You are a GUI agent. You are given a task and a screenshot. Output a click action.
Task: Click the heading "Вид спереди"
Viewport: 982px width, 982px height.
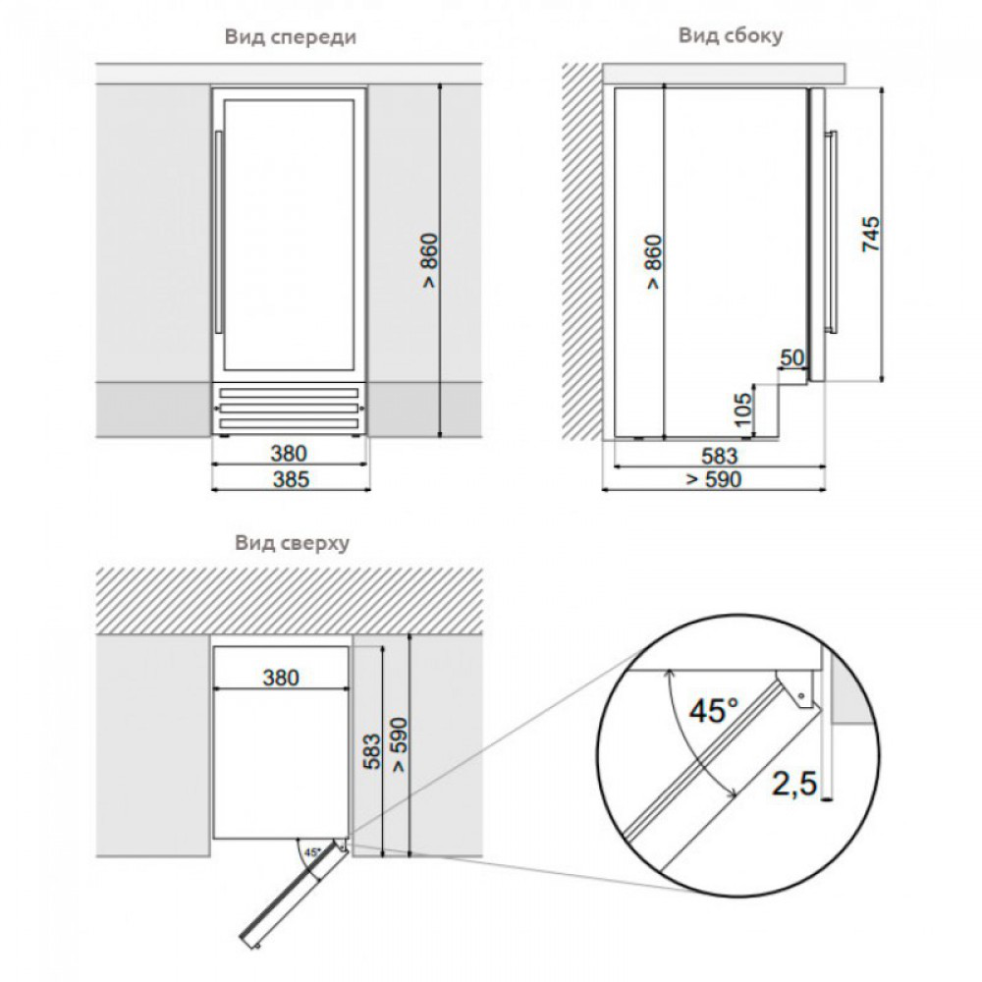pyautogui.click(x=291, y=37)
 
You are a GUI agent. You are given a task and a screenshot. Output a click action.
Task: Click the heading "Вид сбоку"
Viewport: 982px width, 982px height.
pyautogui.click(x=731, y=35)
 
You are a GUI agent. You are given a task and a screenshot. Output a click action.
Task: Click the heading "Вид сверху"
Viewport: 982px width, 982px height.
pyautogui.click(x=292, y=542)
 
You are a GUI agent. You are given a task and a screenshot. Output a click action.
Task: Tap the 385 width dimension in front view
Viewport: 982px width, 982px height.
pyautogui.click(x=292, y=479)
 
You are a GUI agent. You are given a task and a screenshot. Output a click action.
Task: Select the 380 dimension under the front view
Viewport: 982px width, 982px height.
pyautogui.click(x=289, y=453)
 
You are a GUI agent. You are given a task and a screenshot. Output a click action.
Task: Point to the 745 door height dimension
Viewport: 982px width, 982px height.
pyautogui.click(x=871, y=235)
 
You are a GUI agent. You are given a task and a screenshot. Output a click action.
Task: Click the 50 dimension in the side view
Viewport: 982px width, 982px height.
pyautogui.click(x=792, y=358)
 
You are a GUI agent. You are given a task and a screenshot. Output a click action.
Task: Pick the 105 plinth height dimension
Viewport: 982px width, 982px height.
pyautogui.click(x=742, y=409)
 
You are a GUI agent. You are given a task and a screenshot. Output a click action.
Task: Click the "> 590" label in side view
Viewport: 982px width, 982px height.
pyautogui.click(x=713, y=480)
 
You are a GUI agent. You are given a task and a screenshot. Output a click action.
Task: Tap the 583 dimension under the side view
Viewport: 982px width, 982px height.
pyautogui.click(x=720, y=456)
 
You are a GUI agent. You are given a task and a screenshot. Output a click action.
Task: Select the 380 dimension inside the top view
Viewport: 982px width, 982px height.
pyautogui.click(x=281, y=677)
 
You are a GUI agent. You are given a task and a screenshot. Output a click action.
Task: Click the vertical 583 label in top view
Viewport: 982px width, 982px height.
pyautogui.click(x=371, y=751)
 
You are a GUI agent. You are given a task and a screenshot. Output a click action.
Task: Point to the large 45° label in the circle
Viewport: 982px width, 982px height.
pyautogui.click(x=714, y=710)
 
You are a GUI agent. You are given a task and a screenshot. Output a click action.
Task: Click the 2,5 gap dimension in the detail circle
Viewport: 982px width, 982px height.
pyautogui.click(x=794, y=784)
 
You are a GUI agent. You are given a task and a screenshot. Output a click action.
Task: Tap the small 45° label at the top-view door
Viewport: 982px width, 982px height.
pyautogui.click(x=312, y=852)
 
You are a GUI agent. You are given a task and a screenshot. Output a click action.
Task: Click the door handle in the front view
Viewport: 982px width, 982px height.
pyautogui.click(x=218, y=233)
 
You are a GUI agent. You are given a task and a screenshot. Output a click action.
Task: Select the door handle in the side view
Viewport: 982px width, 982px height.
pyautogui.click(x=833, y=232)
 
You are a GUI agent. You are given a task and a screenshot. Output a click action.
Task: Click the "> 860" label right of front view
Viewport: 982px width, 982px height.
pyautogui.click(x=430, y=260)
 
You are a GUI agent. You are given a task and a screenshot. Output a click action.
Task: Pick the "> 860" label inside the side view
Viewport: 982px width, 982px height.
pyautogui.click(x=653, y=261)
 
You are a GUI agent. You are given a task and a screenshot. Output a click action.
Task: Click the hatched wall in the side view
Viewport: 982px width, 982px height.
pyautogui.click(x=581, y=251)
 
